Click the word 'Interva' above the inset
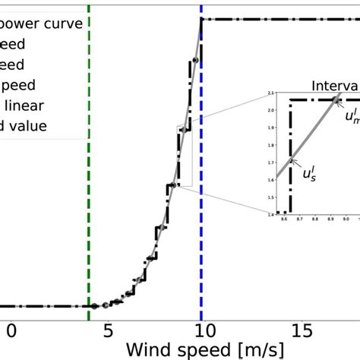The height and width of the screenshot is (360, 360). tap(335, 85)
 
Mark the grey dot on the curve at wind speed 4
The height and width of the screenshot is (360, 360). tap(94, 306)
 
